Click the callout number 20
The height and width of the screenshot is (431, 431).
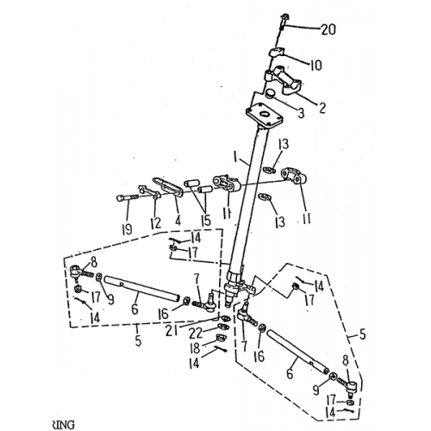tap(328, 30)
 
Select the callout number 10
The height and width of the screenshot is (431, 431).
tap(315, 65)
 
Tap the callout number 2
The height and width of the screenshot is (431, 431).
tap(322, 108)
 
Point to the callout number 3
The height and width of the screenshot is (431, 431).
tap(301, 114)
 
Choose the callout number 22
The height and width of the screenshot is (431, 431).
tap(197, 333)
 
